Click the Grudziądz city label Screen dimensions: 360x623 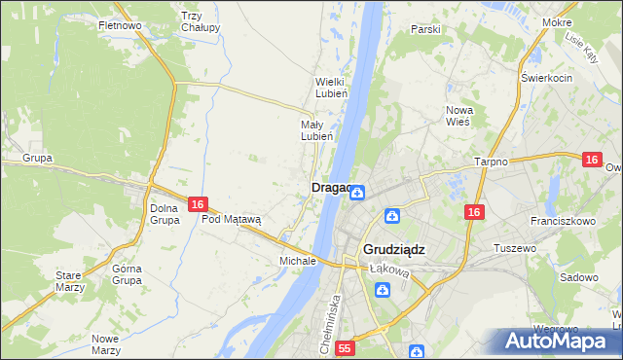395,249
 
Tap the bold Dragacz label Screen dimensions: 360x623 330,188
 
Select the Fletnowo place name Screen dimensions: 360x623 121,24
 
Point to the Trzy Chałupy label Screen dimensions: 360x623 201,21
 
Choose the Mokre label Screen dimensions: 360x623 584,21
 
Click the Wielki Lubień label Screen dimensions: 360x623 324,88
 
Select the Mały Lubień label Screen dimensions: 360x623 317,130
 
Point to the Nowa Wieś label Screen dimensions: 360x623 458,116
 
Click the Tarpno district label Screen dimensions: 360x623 491,162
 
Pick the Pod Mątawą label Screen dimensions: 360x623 232,220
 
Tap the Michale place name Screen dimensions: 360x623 298,262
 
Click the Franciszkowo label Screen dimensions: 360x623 565,221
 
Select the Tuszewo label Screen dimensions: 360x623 516,248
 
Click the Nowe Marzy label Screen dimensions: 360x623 104,344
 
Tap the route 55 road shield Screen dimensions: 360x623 345,347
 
